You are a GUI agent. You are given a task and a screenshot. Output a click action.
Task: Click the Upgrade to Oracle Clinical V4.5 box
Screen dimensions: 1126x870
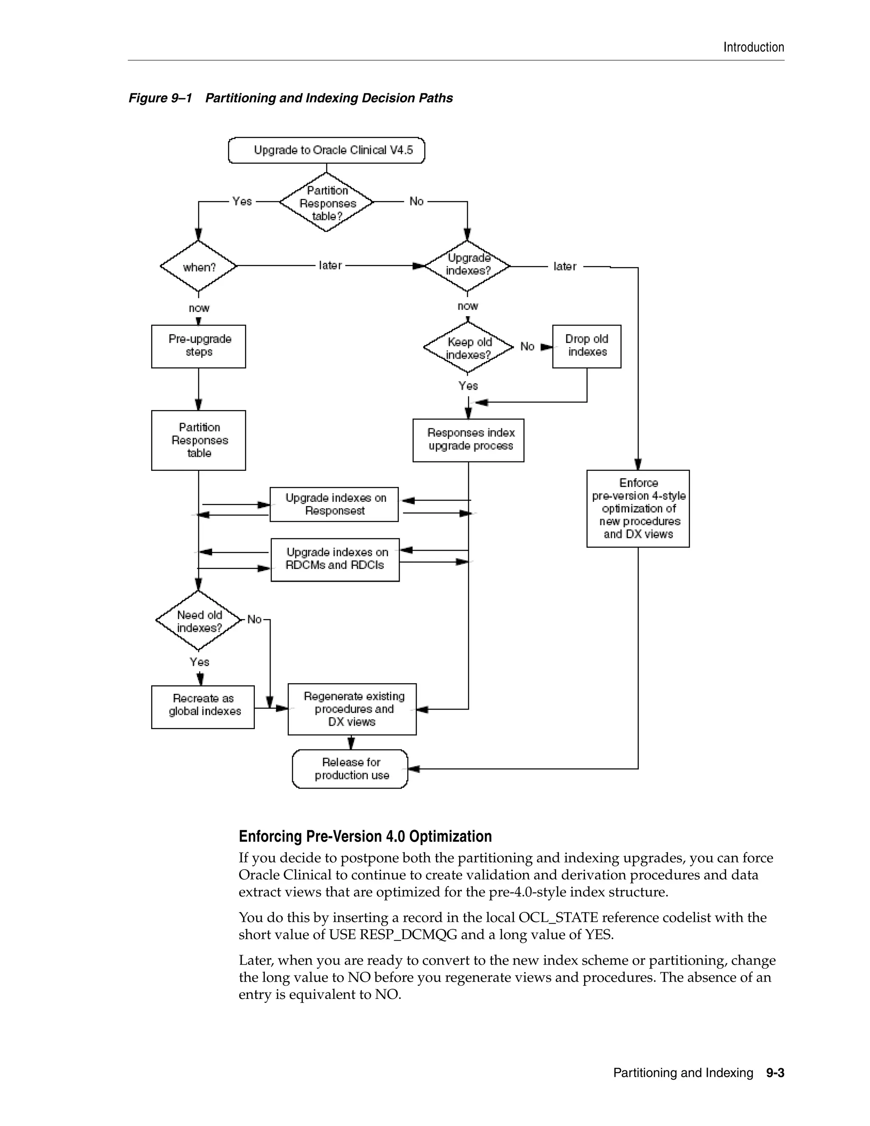tap(326, 150)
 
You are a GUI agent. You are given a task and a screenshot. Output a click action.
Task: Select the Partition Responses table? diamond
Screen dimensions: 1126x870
tap(326, 202)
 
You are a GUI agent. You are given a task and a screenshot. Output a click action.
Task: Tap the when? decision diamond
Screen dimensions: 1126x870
tap(198, 266)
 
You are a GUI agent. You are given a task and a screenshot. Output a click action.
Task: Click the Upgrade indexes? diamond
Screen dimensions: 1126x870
tap(467, 266)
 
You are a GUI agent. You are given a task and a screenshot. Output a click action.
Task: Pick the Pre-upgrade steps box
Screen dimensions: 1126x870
tap(198, 346)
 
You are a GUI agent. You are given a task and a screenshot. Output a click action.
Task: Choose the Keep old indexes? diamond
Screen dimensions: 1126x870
tap(468, 348)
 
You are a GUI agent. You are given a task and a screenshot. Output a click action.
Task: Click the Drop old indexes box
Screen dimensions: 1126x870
tap(587, 346)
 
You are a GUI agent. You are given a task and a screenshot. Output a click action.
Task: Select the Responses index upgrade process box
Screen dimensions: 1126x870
tap(468, 440)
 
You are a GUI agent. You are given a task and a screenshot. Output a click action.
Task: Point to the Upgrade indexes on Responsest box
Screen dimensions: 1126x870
tap(334, 504)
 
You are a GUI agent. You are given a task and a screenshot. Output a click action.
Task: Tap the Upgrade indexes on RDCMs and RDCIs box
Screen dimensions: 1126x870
tap(335, 560)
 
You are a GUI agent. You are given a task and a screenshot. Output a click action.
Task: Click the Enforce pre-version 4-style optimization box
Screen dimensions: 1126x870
tap(638, 508)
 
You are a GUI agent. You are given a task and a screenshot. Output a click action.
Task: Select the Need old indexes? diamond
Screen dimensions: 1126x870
tap(198, 621)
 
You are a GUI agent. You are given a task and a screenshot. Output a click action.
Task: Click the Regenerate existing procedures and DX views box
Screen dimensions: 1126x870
tap(352, 709)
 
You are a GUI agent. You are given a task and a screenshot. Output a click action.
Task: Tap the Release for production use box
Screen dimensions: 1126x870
tap(350, 769)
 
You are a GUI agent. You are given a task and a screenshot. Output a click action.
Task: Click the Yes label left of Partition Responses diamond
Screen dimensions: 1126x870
tap(242, 201)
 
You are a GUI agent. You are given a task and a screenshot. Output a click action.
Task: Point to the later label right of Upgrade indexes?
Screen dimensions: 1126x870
tap(565, 266)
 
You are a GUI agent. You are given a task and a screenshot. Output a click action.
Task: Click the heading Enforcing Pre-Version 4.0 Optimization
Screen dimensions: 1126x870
tap(365, 836)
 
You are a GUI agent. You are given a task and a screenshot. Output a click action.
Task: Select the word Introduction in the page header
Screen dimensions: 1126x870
tap(754, 48)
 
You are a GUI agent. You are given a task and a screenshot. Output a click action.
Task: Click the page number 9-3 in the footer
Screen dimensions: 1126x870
tap(775, 1073)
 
